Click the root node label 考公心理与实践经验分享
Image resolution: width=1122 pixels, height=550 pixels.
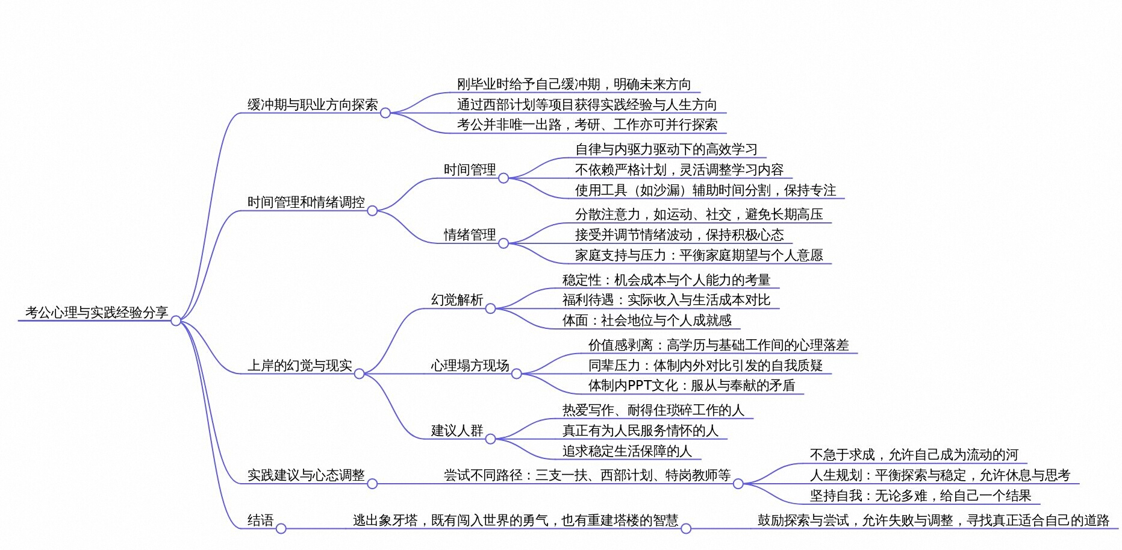[x=96, y=312]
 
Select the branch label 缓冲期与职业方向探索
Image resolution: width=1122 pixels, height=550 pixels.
[x=313, y=105]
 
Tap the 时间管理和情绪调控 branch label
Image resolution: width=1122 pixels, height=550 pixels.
[x=306, y=202]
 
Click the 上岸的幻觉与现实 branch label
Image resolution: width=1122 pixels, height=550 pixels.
[x=299, y=366]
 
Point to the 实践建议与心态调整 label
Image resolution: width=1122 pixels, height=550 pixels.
[x=306, y=475]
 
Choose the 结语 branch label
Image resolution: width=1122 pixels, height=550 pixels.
[x=260, y=520]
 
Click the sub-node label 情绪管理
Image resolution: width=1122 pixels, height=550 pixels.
[x=470, y=235]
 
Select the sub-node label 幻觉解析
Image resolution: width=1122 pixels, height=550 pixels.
[x=457, y=300]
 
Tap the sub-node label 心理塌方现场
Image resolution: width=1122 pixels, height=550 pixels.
[x=470, y=366]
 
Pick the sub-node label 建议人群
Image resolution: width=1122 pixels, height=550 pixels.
[x=457, y=431]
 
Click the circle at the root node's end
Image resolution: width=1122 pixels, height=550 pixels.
[x=176, y=321]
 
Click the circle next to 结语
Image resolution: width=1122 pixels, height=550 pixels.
[x=281, y=529]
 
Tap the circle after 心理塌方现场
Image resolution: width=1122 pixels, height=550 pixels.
[x=516, y=374]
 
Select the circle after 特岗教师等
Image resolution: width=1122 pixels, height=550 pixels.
[x=738, y=484]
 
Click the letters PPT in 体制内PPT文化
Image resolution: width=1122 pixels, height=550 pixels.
[x=640, y=386]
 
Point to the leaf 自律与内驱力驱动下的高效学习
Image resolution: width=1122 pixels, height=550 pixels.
[x=666, y=149]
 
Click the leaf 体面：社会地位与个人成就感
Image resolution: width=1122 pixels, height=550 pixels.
[x=647, y=320]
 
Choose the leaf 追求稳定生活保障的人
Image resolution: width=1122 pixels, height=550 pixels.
[x=627, y=451]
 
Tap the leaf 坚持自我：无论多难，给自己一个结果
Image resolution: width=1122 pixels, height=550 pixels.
[x=920, y=496]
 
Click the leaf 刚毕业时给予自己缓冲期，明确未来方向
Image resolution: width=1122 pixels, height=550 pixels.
[x=573, y=84]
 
